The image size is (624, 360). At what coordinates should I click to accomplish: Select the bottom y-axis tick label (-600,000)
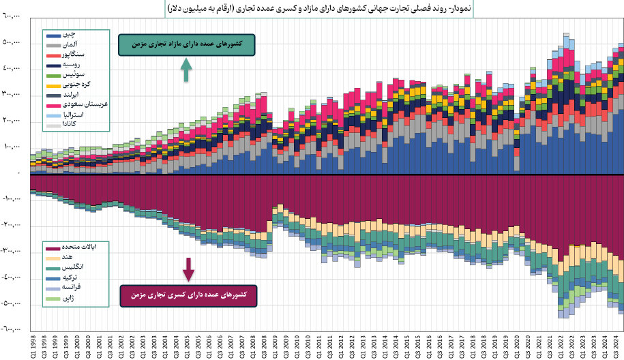pos(14,329)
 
